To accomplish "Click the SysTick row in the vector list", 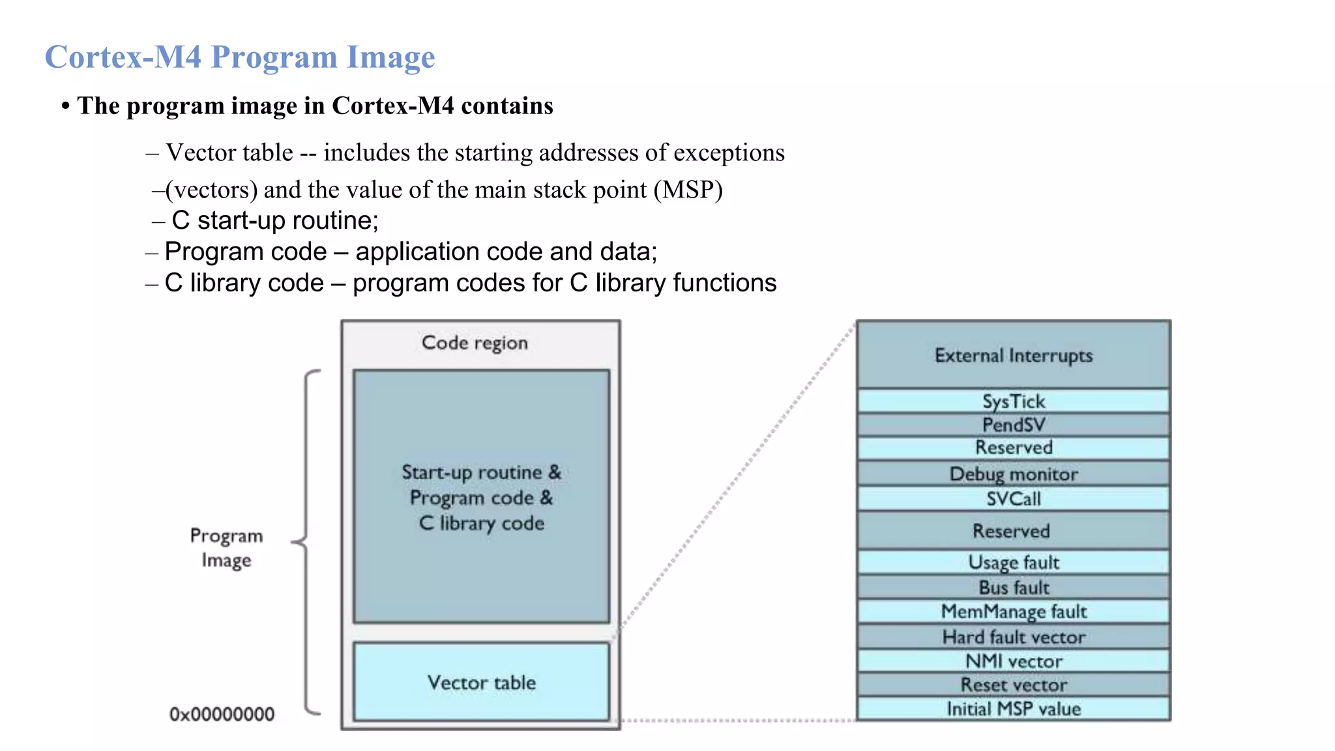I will pos(1013,401).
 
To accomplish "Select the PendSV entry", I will pos(1013,425).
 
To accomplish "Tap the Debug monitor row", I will pos(1013,474).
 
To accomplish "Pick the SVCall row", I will pos(1013,499).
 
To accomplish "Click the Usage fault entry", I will pos(1013,562).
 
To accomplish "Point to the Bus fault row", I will pos(1013,587).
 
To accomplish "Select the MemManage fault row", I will pos(1013,611).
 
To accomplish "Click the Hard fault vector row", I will pos(1013,637).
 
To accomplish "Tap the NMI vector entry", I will pos(1013,661).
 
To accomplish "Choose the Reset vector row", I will pos(1013,685).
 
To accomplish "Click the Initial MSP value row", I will pos(1013,709).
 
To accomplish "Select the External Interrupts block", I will pos(1013,355).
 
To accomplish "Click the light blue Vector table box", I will pos(481,682).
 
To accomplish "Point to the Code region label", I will pos(475,343).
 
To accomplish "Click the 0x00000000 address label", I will pos(222,714).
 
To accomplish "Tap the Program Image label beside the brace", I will pos(226,548).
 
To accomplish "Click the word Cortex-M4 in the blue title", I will pos(123,57).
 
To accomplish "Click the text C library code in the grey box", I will pos(481,523).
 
